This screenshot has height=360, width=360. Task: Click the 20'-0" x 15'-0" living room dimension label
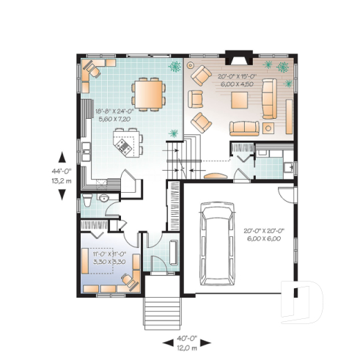(237, 79)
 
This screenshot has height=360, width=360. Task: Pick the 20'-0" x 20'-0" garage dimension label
(263, 235)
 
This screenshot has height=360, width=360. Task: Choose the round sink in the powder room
(104, 199)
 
